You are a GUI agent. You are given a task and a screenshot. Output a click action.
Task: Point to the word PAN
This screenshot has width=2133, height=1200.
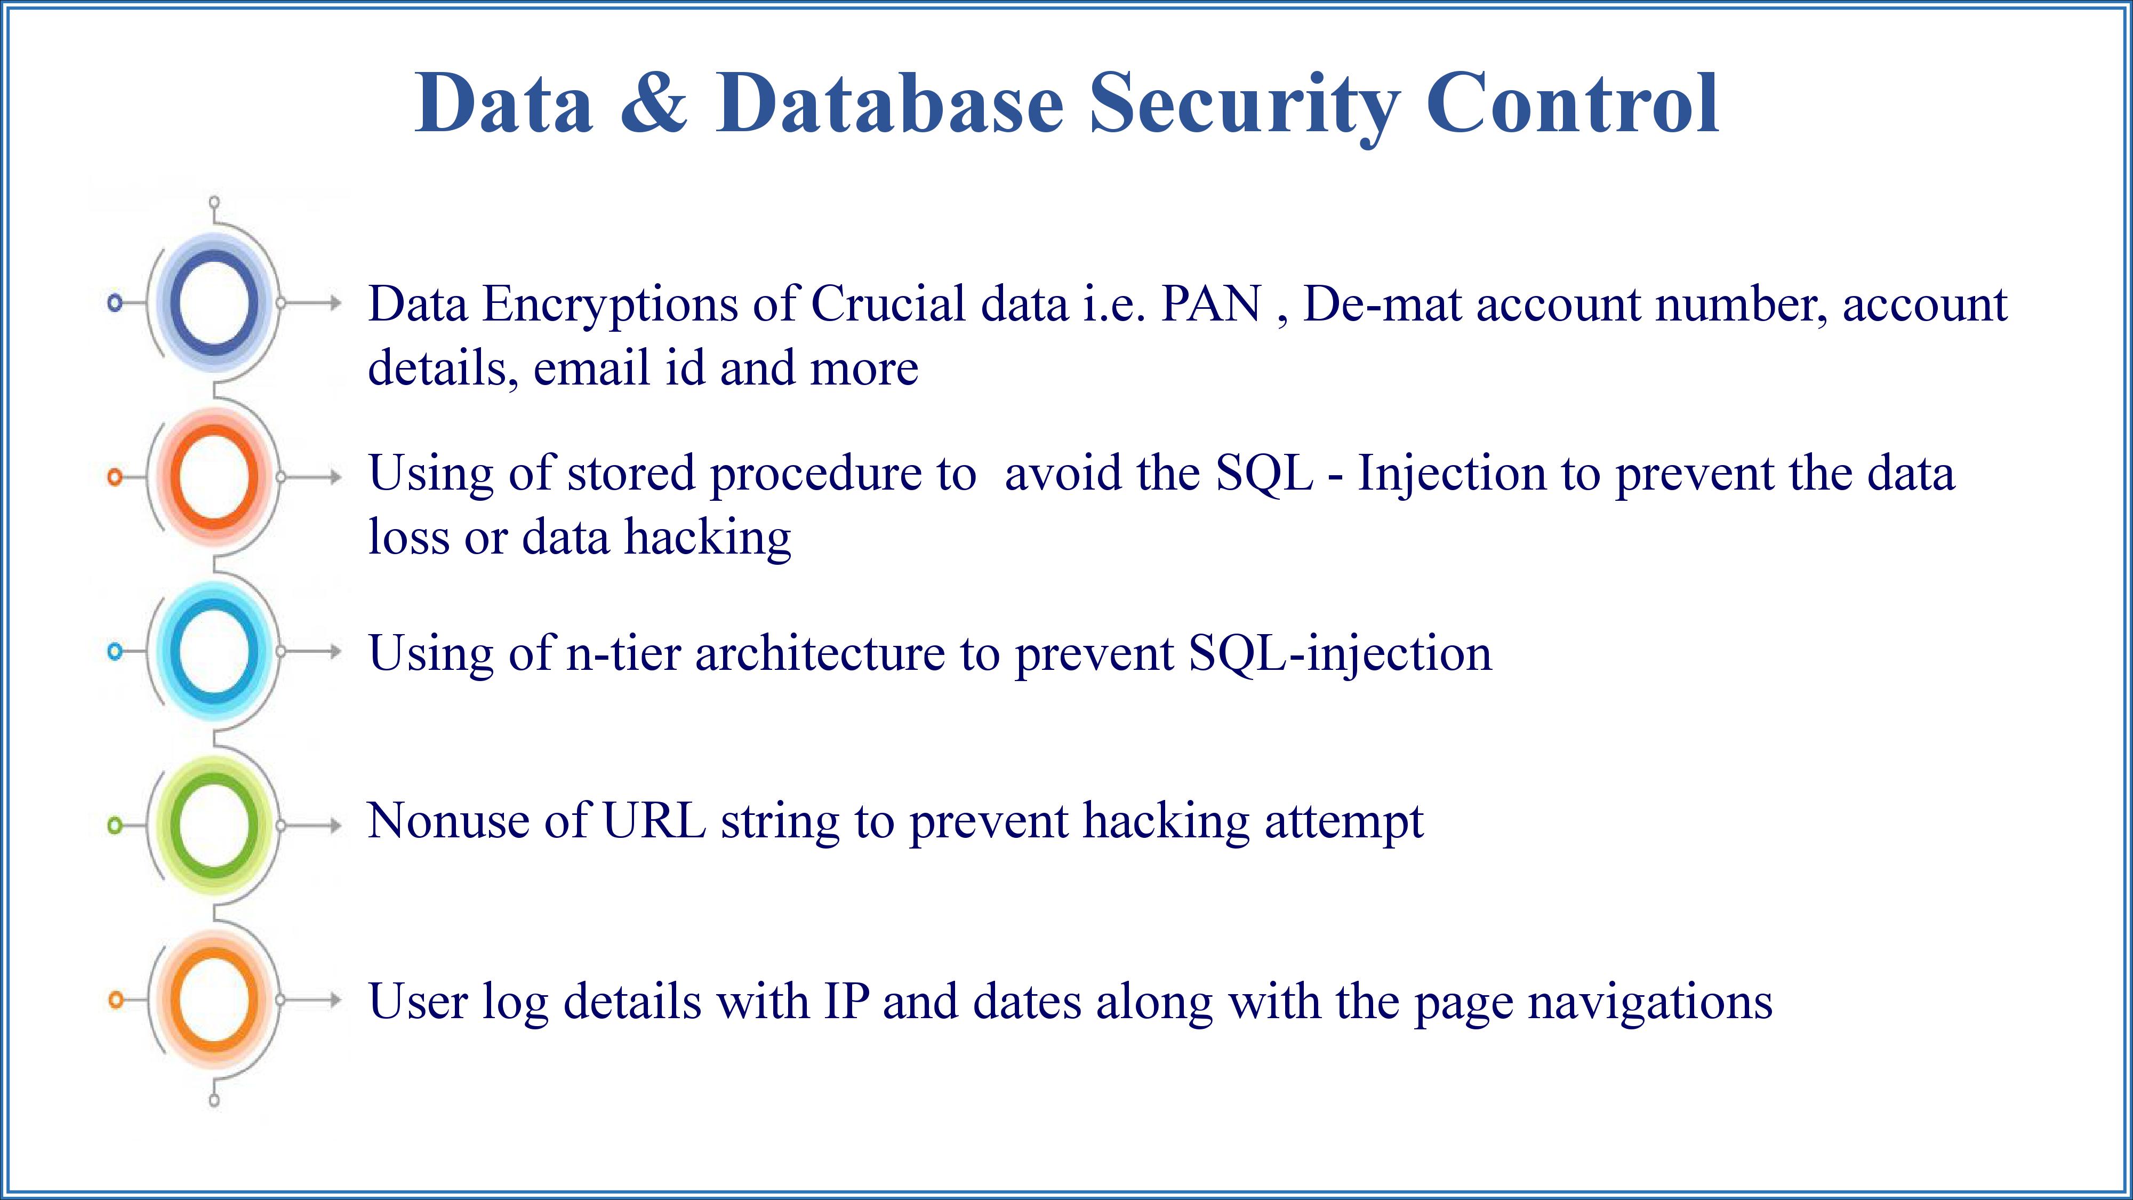(1212, 304)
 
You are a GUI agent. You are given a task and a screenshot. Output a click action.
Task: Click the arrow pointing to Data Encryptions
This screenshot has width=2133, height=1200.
(310, 303)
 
